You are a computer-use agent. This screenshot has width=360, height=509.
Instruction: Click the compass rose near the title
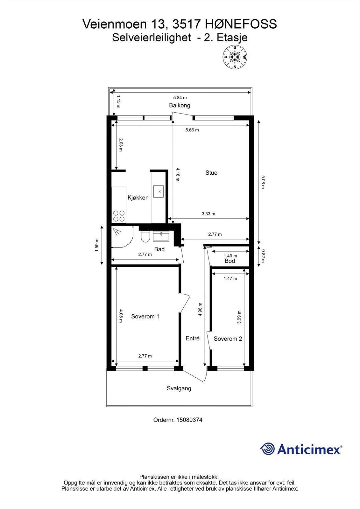coord(235,57)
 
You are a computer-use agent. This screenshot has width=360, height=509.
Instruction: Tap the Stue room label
coord(211,173)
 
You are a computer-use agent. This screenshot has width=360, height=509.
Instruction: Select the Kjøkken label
coord(138,198)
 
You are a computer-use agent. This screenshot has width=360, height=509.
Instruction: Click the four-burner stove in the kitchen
coord(119,216)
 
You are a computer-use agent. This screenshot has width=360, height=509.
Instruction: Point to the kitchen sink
coord(158,191)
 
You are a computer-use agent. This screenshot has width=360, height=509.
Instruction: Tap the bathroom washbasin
coord(161,236)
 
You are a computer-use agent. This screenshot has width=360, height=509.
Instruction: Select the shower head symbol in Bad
coord(117,232)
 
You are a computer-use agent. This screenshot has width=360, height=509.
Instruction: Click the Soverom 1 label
coord(145,317)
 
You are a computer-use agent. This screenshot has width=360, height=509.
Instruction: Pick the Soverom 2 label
coord(228,339)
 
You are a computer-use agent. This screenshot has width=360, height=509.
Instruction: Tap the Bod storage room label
coord(230,261)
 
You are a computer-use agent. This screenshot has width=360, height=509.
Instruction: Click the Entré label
coord(193,338)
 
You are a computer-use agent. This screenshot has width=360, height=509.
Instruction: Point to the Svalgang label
coord(179,388)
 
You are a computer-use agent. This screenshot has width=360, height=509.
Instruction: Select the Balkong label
coord(180,105)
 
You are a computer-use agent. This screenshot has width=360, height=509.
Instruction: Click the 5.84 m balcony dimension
coord(180,98)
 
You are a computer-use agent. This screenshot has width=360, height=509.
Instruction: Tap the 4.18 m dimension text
coord(178,174)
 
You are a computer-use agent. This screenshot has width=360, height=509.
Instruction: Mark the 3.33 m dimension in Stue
coord(208,214)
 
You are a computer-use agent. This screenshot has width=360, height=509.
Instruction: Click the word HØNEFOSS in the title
coord(241,24)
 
